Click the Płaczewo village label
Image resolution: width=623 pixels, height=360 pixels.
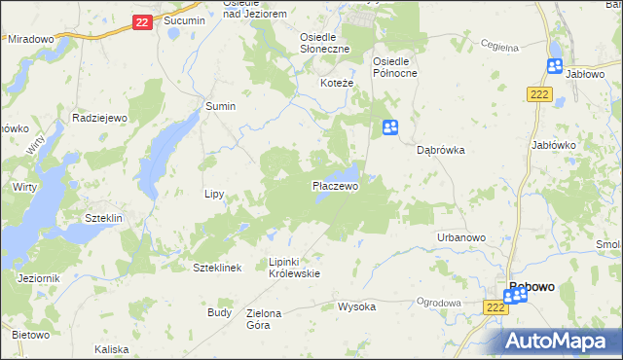pyautogui.click(x=336, y=185)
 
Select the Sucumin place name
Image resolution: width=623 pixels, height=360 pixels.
pyautogui.click(x=184, y=20)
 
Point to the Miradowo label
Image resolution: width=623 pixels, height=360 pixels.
pyautogui.click(x=30, y=39)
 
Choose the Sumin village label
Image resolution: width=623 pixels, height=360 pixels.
pyautogui.click(x=220, y=106)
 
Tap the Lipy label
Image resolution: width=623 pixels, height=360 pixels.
pyautogui.click(x=214, y=194)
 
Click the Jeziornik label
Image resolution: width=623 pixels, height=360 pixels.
pyautogui.click(x=39, y=278)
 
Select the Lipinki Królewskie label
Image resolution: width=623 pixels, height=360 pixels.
pyautogui.click(x=294, y=268)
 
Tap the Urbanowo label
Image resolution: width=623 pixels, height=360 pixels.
pyautogui.click(x=461, y=237)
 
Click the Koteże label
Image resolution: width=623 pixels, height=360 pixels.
pyautogui.click(x=337, y=84)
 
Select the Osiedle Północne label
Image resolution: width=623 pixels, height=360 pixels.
pyautogui.click(x=395, y=66)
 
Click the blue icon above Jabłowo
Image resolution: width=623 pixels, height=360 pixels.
pyautogui.click(x=555, y=66)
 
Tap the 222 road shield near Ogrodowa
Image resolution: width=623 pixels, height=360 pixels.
pyautogui.click(x=495, y=306)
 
